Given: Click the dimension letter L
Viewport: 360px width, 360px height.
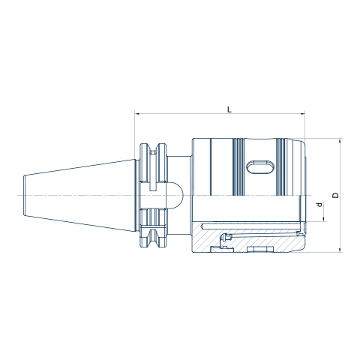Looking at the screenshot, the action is [x=229, y=109].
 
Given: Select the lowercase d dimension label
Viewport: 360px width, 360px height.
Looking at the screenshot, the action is [x=319, y=205].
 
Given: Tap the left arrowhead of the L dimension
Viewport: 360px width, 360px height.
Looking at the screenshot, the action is [x=137, y=114].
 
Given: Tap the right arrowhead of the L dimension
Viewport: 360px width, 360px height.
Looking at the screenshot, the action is [x=302, y=114].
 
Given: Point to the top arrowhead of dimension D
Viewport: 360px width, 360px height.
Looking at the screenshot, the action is [x=340, y=140].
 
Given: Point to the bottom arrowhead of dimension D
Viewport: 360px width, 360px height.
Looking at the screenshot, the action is [x=340, y=250].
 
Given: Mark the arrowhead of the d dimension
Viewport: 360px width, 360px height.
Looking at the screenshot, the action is [x=324, y=219].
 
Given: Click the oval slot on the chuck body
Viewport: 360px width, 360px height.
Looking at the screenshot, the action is [x=260, y=166].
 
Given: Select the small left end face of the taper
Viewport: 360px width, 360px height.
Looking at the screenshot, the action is [x=25, y=195].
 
